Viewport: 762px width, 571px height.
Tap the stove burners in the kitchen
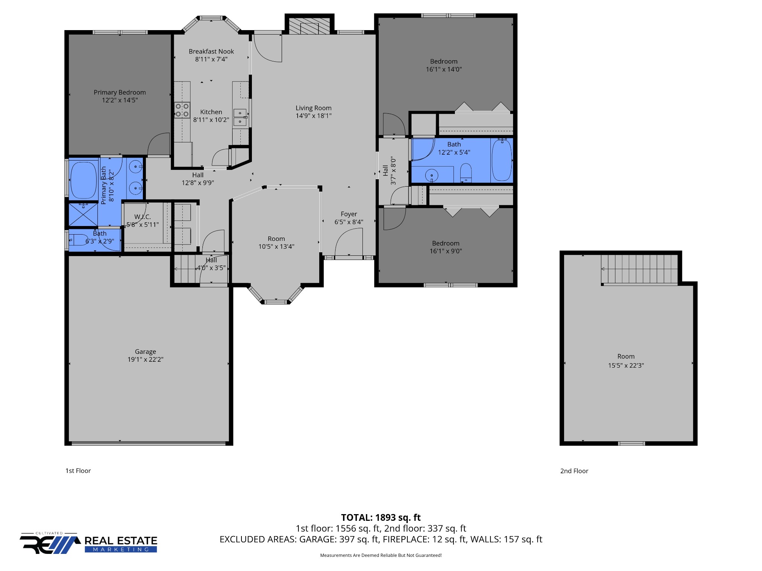point(182,110)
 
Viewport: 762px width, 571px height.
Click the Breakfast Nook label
point(211,51)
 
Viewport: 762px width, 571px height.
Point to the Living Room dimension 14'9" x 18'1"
point(313,116)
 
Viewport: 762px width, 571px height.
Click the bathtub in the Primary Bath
point(83,180)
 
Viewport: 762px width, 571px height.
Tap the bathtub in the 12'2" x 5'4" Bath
point(502,160)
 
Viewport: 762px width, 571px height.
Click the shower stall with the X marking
point(83,214)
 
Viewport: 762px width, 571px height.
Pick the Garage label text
point(145,351)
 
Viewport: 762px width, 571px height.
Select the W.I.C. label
point(143,217)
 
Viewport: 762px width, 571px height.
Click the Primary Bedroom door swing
point(159,144)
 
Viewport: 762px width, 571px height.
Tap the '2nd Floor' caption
point(574,471)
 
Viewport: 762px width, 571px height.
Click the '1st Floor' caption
point(78,471)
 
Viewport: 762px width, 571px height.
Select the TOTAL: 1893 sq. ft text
point(381,517)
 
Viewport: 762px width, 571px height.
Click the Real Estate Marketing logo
point(89,544)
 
